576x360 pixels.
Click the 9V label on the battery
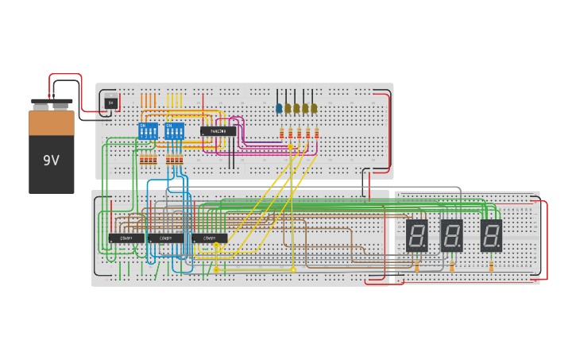(51, 161)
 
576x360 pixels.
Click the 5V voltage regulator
(110, 103)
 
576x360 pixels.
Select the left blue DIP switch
(148, 131)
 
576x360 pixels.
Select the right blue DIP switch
(173, 131)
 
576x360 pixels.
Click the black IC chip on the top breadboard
(218, 131)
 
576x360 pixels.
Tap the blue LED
(279, 108)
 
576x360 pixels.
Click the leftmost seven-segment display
(417, 235)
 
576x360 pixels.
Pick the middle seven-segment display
(452, 235)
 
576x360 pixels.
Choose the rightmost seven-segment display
(491, 235)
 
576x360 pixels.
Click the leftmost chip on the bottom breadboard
(126, 238)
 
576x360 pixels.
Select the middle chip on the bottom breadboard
(165, 238)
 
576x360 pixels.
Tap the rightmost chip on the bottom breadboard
(209, 238)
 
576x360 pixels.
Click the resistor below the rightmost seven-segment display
(491, 266)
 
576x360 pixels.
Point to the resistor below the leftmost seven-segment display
(417, 266)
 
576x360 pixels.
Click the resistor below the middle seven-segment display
(452, 266)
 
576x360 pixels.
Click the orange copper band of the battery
(51, 122)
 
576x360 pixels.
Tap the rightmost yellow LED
(314, 108)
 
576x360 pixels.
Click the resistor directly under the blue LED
(281, 133)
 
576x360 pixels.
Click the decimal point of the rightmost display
(501, 248)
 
